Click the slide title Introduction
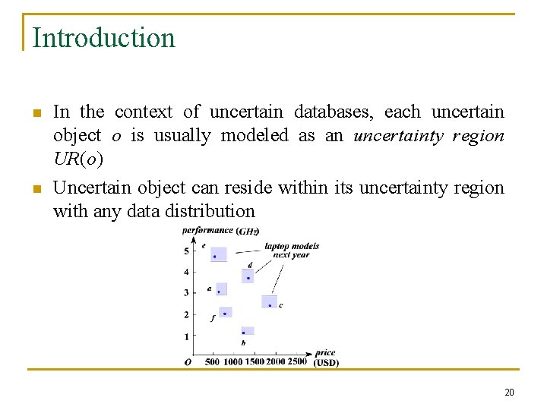point(104,38)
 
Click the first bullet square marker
point(36,114)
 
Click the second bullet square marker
point(36,188)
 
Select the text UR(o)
point(78,159)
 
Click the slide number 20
point(509,393)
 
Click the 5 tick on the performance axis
point(188,251)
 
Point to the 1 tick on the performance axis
point(188,336)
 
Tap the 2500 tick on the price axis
point(297,361)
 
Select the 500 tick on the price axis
point(212,361)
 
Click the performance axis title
point(207,230)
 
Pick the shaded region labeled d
point(248,276)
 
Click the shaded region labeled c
point(269,301)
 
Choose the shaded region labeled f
point(225,312)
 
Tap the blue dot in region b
point(243,333)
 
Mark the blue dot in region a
point(219,292)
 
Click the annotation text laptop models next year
point(291,251)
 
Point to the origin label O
point(188,362)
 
